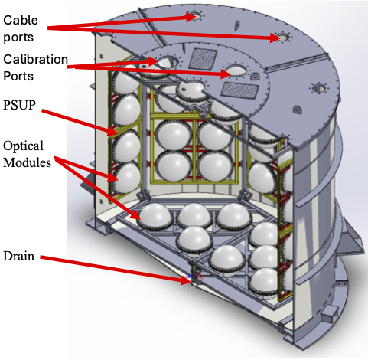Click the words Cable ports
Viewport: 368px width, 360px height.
(x=24, y=23)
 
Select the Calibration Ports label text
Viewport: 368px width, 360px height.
(x=36, y=67)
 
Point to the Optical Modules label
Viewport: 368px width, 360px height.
(x=29, y=153)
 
